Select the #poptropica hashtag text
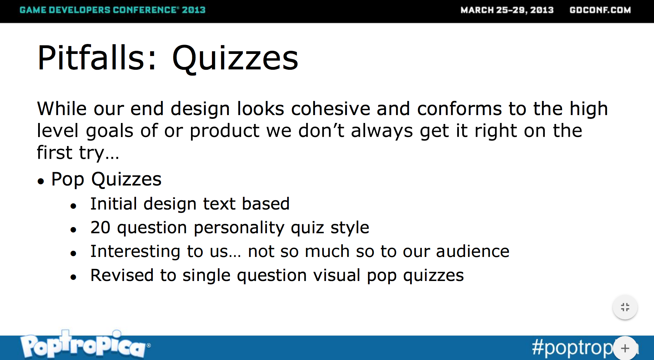click(584, 348)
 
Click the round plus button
click(625, 348)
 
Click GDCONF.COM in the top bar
click(600, 10)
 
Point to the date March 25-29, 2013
click(507, 10)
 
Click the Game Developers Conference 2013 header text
click(112, 10)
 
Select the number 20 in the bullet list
click(100, 227)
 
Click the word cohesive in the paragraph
click(330, 109)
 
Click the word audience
click(473, 251)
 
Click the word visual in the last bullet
click(337, 275)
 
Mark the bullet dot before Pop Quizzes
click(41, 181)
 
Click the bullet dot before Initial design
click(73, 206)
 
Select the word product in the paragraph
click(225, 131)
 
